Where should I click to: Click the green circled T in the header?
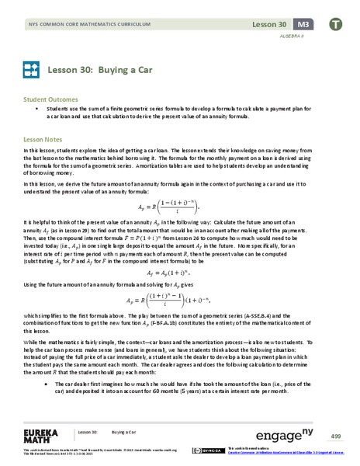pyautogui.click(x=339, y=14)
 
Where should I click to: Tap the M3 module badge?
pyautogui.click(x=308, y=13)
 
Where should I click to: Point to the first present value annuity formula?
pyautogui.click(x=180, y=207)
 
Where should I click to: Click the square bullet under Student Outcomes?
pyautogui.click(x=36, y=111)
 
